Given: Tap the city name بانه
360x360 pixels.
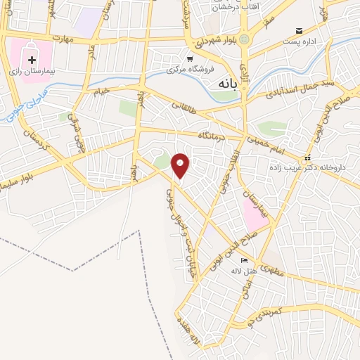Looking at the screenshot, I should pyautogui.click(x=225, y=83).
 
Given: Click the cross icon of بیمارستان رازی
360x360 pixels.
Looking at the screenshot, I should pyautogui.click(x=32, y=60).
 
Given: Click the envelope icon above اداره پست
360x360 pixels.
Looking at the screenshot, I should pyautogui.click(x=300, y=31).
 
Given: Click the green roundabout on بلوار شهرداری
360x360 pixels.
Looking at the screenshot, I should pyautogui.click(x=245, y=39).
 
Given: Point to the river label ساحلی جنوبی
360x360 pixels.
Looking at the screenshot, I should pyautogui.click(x=23, y=104).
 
